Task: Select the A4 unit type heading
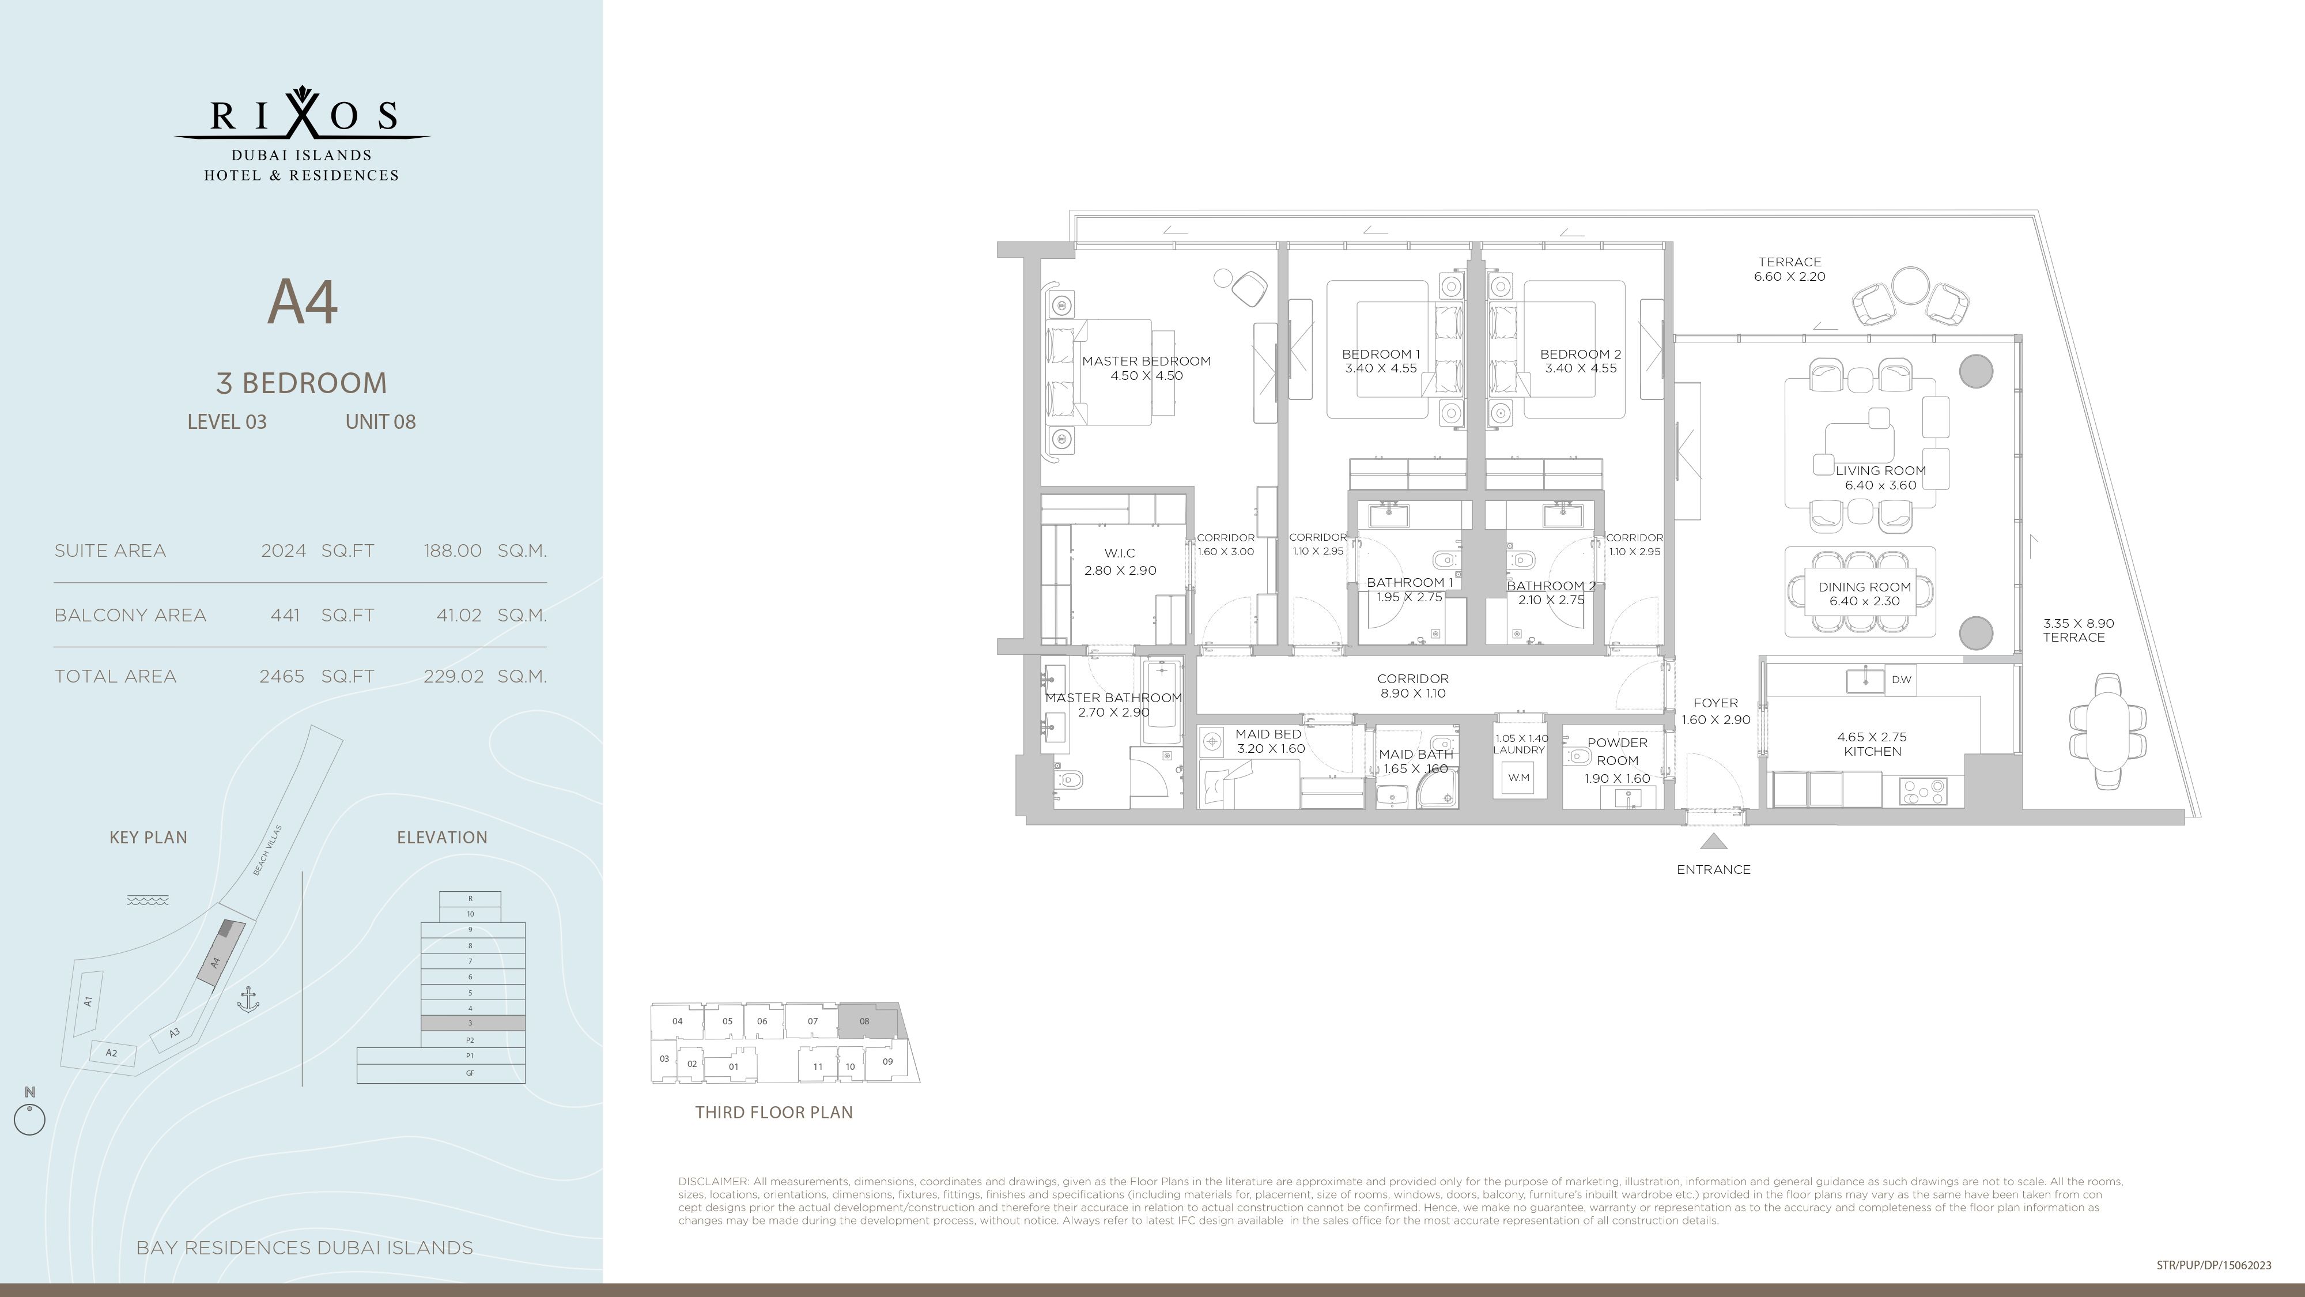[x=303, y=303]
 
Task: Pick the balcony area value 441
[x=285, y=616]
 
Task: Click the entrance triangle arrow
[x=1713, y=842]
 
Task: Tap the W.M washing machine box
[x=1518, y=778]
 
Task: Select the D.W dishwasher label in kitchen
[x=1900, y=680]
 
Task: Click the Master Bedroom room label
[x=1146, y=361]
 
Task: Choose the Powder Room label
[x=1617, y=752]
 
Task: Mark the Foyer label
[x=1716, y=703]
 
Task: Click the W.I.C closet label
[x=1120, y=553]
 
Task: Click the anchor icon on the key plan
[x=248, y=1000]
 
